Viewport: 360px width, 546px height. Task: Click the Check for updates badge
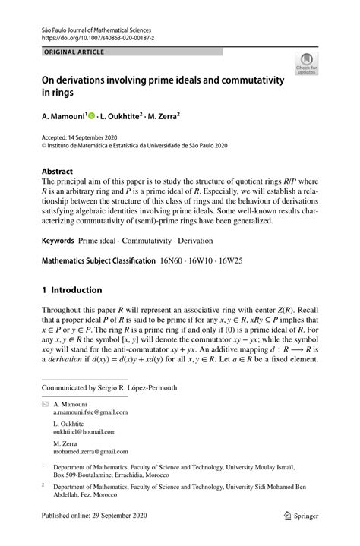307,64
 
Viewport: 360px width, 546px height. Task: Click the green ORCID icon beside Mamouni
91,117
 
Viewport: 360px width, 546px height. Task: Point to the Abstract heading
57,172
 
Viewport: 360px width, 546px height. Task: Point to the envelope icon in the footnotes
45,407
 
